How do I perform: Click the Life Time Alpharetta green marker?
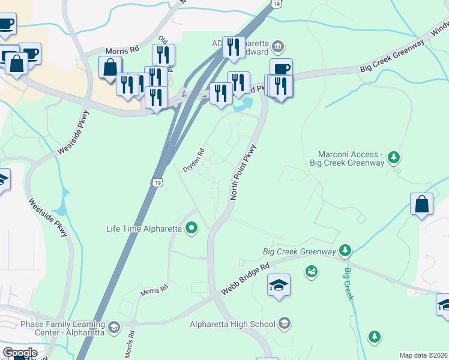pyautogui.click(x=191, y=228)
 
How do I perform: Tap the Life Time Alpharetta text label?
pyautogui.click(x=145, y=228)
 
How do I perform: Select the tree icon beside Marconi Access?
pyautogui.click(x=393, y=158)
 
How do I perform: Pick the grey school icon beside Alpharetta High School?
pyautogui.click(x=285, y=324)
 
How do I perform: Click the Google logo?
pyautogui.click(x=20, y=353)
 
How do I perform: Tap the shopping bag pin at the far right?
pyautogui.click(x=422, y=204)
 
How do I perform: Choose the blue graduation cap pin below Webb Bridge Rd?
pyautogui.click(x=279, y=284)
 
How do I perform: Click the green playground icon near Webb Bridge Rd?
pyautogui.click(x=311, y=272)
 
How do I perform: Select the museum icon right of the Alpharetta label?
pyautogui.click(x=278, y=46)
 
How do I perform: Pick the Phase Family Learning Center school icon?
pyautogui.click(x=113, y=328)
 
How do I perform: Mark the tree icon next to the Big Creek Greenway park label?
pyautogui.click(x=345, y=250)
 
